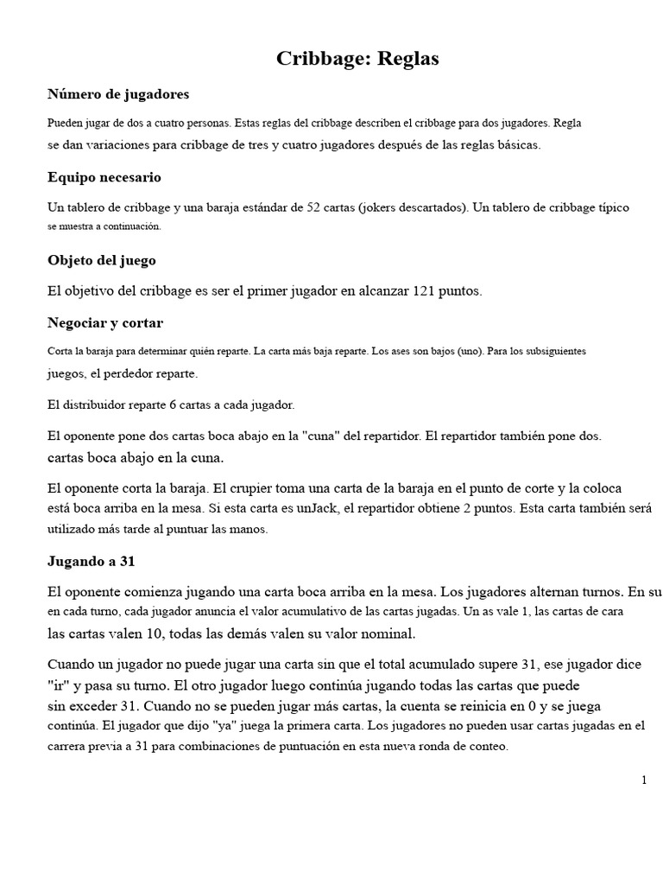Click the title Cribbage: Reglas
coord(357,59)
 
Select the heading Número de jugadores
coord(117,94)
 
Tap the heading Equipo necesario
coord(104,177)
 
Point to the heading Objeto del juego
coord(101,260)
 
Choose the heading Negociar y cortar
coord(104,323)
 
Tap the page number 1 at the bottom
coord(644,780)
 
